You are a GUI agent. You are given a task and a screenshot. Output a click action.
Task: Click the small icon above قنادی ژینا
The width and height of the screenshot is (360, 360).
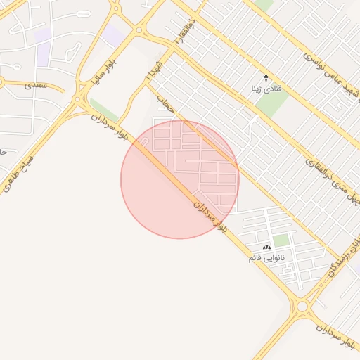[x=266, y=77]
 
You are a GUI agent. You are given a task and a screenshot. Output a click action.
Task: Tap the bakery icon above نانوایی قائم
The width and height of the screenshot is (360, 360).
[x=266, y=247]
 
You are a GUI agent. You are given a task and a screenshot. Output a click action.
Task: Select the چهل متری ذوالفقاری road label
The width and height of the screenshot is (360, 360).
[x=335, y=182]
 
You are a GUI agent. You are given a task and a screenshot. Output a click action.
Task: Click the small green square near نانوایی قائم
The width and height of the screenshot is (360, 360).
[x=281, y=240]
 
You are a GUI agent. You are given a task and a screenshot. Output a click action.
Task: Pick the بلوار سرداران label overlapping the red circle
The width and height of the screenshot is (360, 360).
[x=211, y=216]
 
